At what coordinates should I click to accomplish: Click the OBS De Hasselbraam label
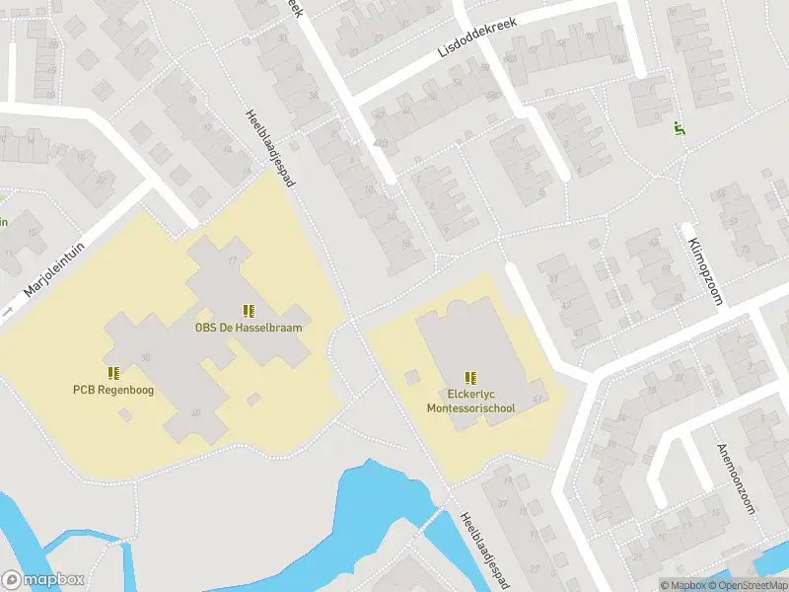pyautogui.click(x=248, y=327)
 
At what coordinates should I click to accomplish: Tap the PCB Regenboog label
pyautogui.click(x=113, y=389)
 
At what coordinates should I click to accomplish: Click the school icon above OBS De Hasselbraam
pyautogui.click(x=248, y=310)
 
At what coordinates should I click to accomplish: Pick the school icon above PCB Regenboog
pyautogui.click(x=113, y=372)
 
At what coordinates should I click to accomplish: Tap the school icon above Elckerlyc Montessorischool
pyautogui.click(x=470, y=377)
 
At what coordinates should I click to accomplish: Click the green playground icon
pyautogui.click(x=679, y=127)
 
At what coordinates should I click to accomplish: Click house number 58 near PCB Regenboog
pyautogui.click(x=145, y=356)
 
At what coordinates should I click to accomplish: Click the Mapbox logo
pyautogui.click(x=42, y=580)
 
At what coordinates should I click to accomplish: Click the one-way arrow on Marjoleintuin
pyautogui.click(x=8, y=312)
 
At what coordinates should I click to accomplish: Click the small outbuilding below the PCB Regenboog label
pyautogui.click(x=124, y=415)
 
